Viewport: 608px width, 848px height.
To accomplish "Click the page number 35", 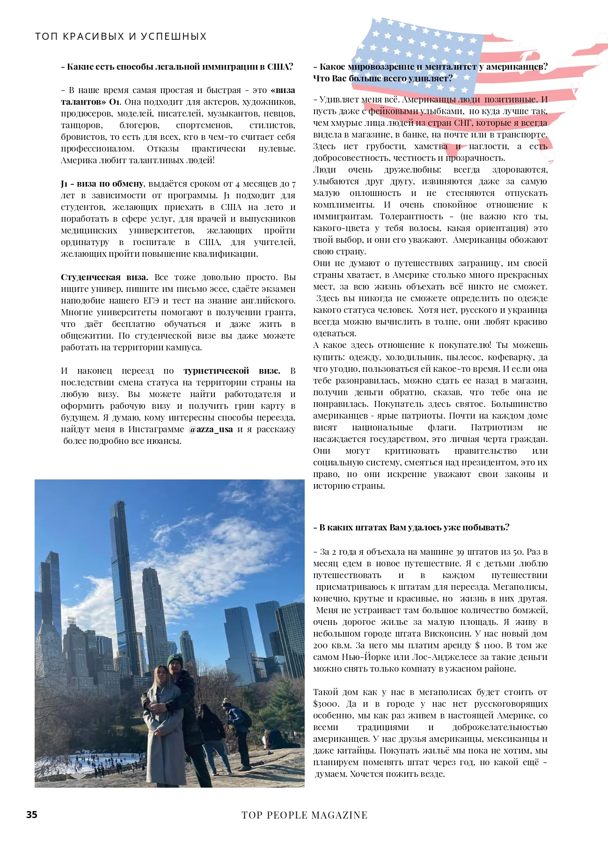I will pos(31,814).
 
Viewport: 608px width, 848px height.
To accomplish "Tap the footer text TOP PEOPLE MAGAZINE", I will pos(304,815).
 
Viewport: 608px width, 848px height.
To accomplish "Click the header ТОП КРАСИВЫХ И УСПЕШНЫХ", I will pos(121,36).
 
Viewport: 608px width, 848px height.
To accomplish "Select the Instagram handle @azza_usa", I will pos(211,429).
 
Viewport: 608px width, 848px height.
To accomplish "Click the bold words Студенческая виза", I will pos(104,277).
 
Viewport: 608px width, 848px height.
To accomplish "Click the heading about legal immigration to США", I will pos(177,66).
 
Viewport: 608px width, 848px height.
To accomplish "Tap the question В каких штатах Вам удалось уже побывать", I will pos(411,527).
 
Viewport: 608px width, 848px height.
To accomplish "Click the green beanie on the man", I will pos(175,659).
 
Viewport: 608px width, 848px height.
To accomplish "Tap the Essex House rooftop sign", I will pos(72,620).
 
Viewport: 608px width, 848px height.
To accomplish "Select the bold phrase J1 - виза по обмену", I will pos(102,183).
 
